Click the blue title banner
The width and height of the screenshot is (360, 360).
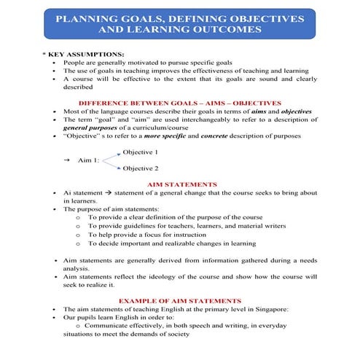pos(179,23)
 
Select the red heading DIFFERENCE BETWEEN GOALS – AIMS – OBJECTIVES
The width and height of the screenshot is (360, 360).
pos(179,103)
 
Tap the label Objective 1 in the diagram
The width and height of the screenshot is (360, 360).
pos(140,152)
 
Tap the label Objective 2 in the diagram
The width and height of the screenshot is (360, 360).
pos(140,168)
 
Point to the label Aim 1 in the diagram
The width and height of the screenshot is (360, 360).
pos(89,160)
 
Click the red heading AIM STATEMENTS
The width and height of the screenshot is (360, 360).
pos(181,184)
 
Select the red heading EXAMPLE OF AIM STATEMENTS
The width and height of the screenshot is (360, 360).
pos(180,300)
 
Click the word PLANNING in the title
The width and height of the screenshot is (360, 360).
pos(88,16)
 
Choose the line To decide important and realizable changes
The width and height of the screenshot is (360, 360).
pos(173,243)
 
